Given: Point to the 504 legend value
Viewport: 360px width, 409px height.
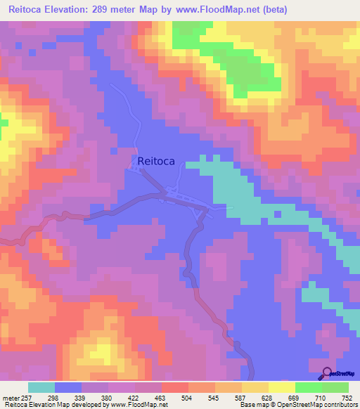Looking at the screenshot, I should [x=188, y=398].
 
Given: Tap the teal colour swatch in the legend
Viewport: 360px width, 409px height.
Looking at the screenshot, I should [x=41, y=388].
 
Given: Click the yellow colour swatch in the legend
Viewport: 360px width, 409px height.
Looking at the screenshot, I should [x=282, y=388].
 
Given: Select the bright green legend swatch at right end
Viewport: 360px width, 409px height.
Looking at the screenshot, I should [x=335, y=388].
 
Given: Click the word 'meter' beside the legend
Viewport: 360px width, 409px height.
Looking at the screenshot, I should [x=9, y=398].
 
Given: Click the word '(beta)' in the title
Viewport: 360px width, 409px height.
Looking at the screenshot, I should [x=273, y=10].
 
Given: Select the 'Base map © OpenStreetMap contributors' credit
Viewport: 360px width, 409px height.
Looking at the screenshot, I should [x=298, y=405].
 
